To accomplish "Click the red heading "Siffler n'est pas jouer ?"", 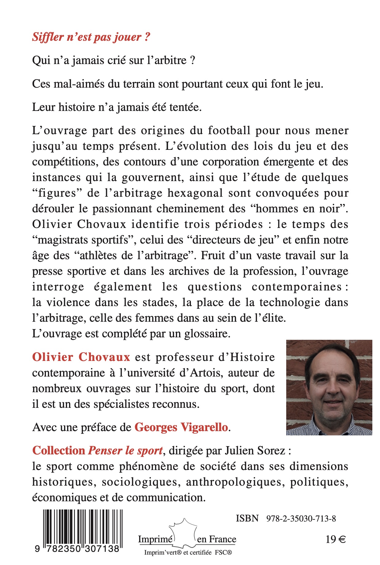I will point(91,37).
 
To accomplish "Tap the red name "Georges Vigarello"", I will point(181,427).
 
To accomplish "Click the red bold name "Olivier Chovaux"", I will point(81,357).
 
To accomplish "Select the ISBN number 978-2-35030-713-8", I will point(301,518).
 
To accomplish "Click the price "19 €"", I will point(336,540).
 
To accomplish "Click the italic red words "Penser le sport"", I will point(125,451).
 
